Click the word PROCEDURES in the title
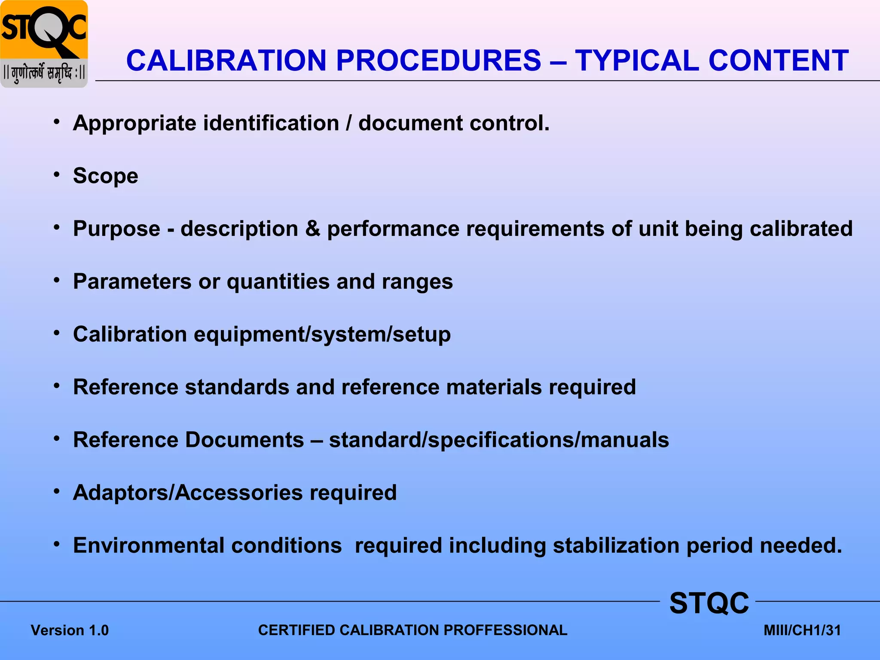(x=438, y=60)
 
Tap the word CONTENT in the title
(x=778, y=60)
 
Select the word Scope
(x=106, y=176)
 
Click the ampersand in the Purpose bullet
(x=313, y=229)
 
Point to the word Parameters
(x=132, y=282)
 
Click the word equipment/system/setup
(x=322, y=335)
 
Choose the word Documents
(x=244, y=440)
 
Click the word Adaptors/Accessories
(x=188, y=493)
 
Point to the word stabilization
(x=616, y=546)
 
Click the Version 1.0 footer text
(x=70, y=630)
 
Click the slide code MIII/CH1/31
(x=802, y=630)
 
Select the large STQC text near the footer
(x=709, y=603)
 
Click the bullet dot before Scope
(x=57, y=174)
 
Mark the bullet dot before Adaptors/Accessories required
(x=57, y=491)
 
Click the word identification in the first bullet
(x=271, y=123)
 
